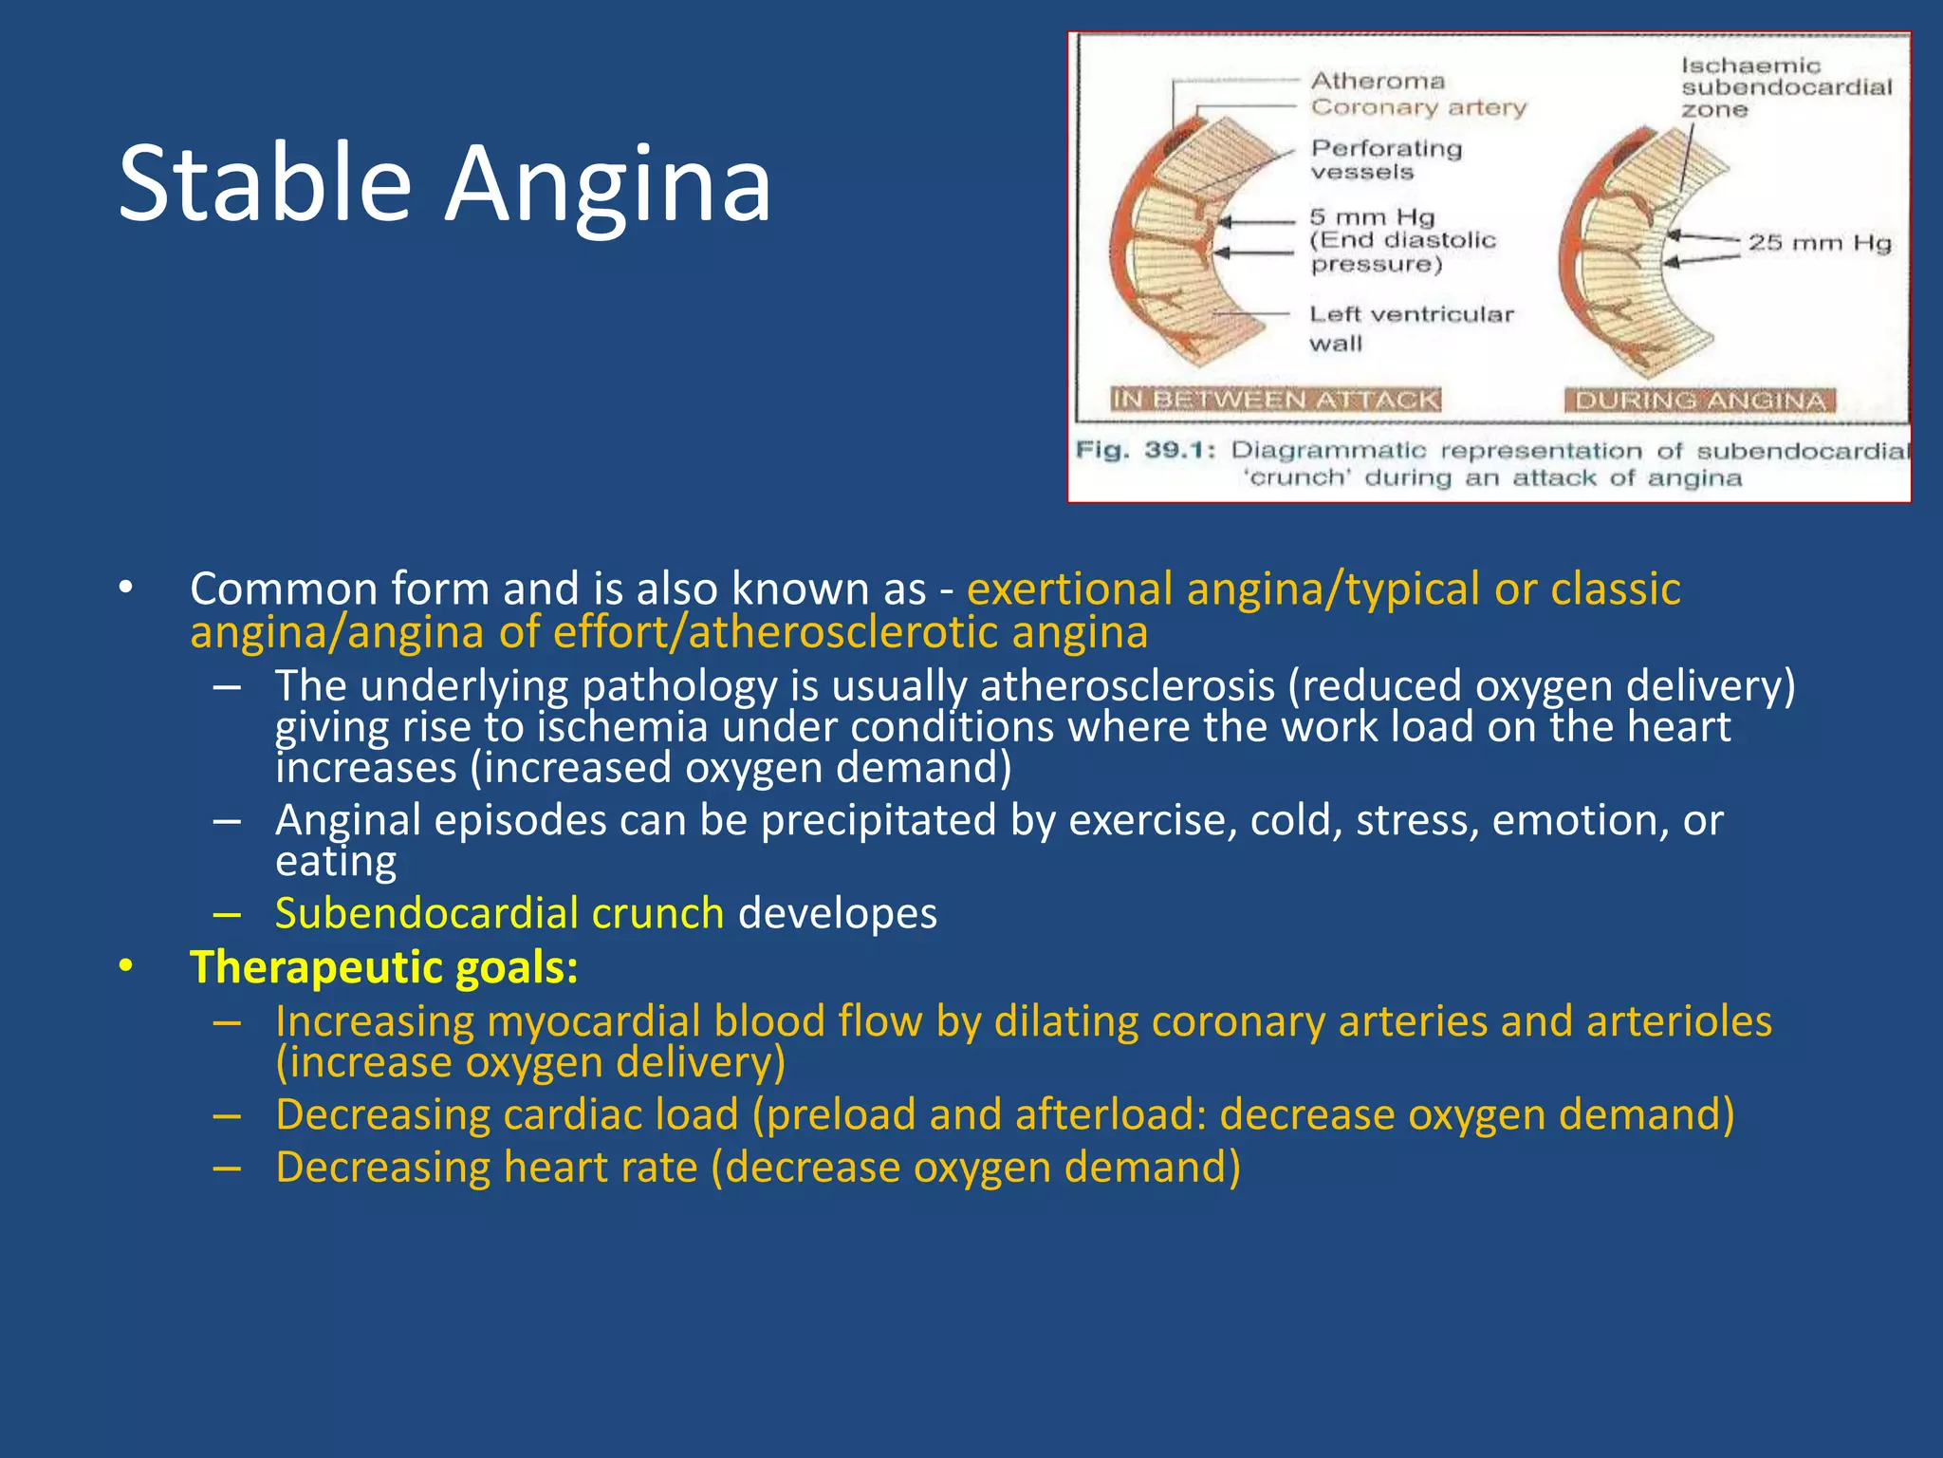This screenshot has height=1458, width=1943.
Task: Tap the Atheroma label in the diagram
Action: pyautogui.click(x=1378, y=82)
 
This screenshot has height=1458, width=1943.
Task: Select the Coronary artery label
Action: pyautogui.click(x=1418, y=107)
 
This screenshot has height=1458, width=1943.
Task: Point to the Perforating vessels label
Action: pyautogui.click(x=1385, y=159)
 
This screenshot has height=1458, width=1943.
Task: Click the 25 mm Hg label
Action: pyautogui.click(x=1819, y=243)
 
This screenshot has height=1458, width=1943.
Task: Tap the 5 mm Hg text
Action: pyautogui.click(x=1371, y=217)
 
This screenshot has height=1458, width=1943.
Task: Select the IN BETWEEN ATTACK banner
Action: pyautogui.click(x=1275, y=400)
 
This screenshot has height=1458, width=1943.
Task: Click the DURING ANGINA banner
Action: pyautogui.click(x=1699, y=401)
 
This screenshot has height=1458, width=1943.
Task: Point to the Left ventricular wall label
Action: pyautogui.click(x=1410, y=327)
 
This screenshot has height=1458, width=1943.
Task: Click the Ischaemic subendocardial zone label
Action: pyautogui.click(x=1786, y=87)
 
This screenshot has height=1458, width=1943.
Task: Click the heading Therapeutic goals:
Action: pyautogui.click(x=384, y=967)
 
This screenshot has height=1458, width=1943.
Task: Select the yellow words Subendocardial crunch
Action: pyautogui.click(x=499, y=913)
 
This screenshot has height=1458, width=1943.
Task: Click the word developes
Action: pyautogui.click(x=837, y=913)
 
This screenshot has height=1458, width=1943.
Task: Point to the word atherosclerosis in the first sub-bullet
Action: pyautogui.click(x=1127, y=685)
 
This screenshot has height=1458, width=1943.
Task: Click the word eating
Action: pyautogui.click(x=336, y=862)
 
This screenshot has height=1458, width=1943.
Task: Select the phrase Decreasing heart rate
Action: pyautogui.click(x=486, y=1168)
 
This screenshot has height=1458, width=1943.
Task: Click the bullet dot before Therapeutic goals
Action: pyautogui.click(x=126, y=967)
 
